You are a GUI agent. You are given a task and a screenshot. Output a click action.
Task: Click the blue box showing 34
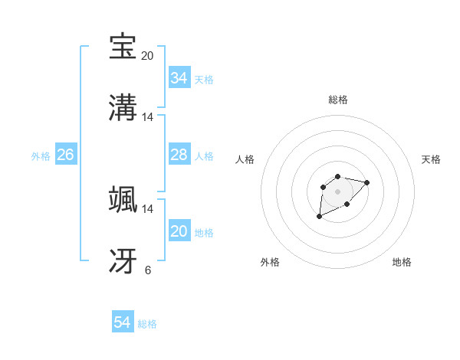point(179,78)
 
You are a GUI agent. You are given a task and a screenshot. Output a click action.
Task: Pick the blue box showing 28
point(179,155)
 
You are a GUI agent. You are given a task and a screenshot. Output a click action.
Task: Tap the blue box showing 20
point(179,231)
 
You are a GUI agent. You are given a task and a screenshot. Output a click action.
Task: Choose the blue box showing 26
point(65,155)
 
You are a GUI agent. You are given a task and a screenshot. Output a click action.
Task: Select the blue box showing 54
point(122,322)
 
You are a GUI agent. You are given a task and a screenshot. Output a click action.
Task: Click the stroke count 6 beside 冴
point(147,270)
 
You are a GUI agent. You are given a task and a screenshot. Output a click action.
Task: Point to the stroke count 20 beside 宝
point(147,55)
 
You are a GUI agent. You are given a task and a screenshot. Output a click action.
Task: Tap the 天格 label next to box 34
point(204,80)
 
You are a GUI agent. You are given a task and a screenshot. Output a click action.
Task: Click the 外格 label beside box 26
point(41,156)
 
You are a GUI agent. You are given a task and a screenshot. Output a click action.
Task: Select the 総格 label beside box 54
point(147,324)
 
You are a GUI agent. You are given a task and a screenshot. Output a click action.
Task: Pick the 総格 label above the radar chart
point(337,100)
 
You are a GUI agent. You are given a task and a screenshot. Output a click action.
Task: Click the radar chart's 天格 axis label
point(431,159)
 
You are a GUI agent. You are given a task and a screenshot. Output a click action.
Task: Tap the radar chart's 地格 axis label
point(402,262)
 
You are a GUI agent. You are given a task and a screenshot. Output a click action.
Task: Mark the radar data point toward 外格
point(320,217)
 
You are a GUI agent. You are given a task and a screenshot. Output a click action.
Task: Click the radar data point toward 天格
point(367,182)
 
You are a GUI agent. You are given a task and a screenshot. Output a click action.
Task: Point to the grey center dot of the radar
point(337,191)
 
